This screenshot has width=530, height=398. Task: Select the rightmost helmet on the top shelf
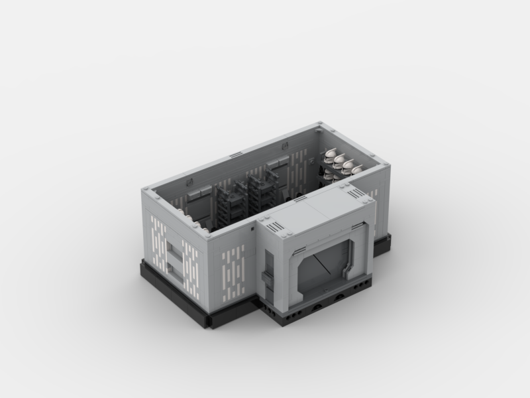coord(358,169)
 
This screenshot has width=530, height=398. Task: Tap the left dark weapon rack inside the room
coord(227,200)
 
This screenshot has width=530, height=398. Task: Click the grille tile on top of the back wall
coord(236,155)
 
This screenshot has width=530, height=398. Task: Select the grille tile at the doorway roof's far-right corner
coord(356,193)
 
